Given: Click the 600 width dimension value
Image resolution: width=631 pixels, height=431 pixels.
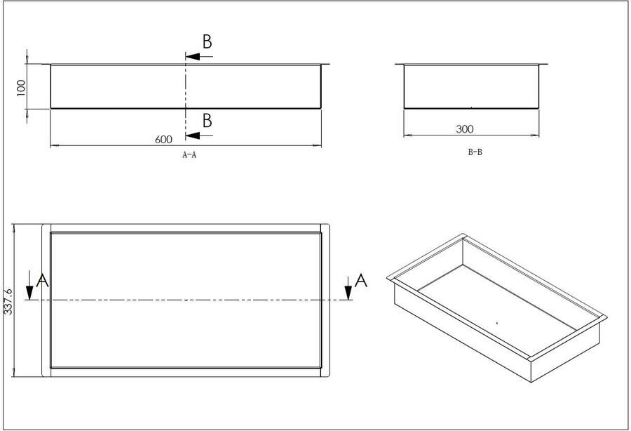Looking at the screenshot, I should tap(163, 139).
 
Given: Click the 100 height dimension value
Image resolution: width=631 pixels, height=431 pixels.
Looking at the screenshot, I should tap(21, 86).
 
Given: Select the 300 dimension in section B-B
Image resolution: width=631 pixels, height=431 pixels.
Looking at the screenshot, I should tap(465, 129).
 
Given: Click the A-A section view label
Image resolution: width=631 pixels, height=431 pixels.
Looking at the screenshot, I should tap(189, 156).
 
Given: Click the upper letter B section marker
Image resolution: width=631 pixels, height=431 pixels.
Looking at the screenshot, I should tap(207, 41).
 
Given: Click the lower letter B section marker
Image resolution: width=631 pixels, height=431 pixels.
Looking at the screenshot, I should tap(207, 120).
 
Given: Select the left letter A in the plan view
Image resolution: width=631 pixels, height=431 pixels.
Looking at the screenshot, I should tap(42, 281).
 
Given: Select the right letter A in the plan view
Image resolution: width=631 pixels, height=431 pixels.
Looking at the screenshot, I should tap(361, 281).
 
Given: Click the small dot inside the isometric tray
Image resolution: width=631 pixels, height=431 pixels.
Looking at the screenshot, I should tap(496, 322).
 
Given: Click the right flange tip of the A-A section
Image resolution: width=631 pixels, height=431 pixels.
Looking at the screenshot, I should tap(327, 64).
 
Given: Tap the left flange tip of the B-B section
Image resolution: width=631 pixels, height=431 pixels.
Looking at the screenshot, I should tap(397, 64).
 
